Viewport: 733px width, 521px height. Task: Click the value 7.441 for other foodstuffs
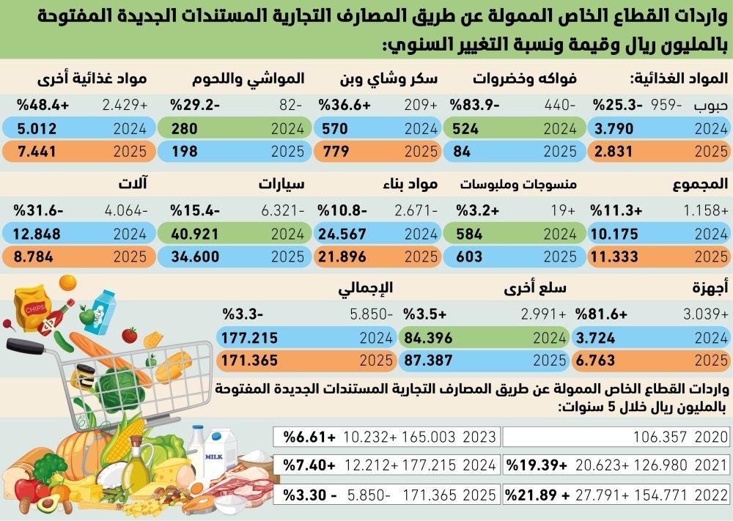coord(37,152)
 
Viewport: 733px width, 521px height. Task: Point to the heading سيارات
coord(281,182)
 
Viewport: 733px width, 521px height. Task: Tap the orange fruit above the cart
coord(67,282)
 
